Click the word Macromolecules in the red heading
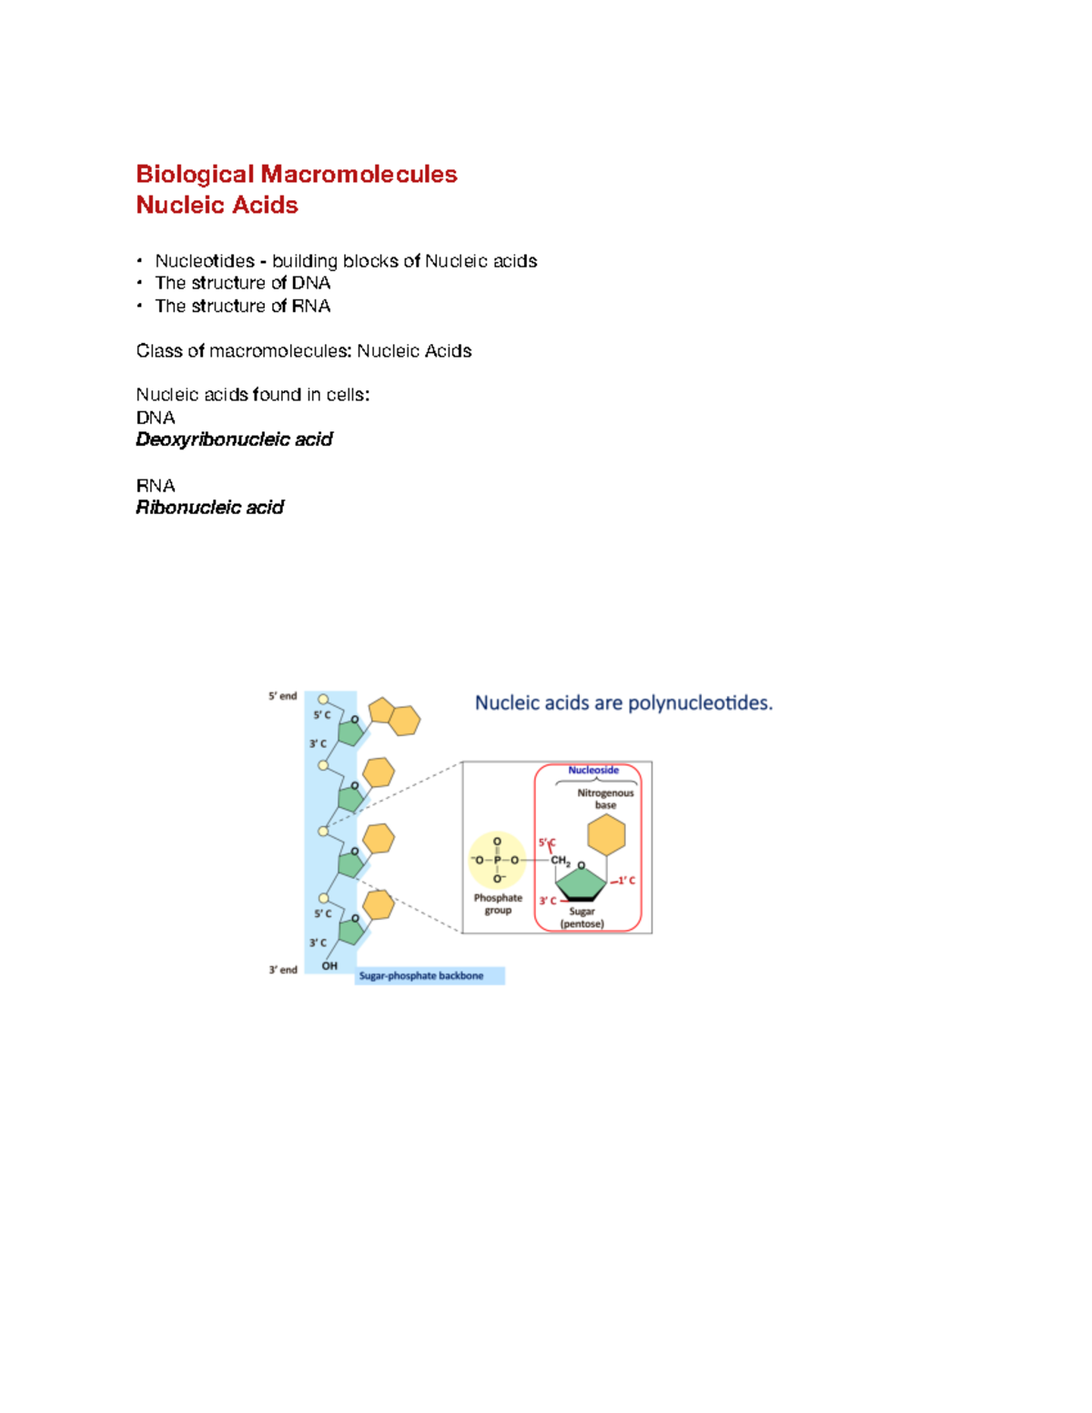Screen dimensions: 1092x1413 coord(359,174)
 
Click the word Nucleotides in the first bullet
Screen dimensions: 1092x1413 coord(205,261)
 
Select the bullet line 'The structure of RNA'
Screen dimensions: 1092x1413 coord(242,306)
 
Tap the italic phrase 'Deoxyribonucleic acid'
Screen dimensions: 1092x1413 coord(234,439)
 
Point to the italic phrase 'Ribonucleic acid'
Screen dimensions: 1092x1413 coord(209,508)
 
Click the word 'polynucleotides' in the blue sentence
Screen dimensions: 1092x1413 coord(699,702)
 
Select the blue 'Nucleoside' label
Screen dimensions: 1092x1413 coord(593,770)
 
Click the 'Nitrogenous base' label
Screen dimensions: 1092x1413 coord(605,799)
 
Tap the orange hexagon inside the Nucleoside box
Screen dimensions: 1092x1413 coord(606,834)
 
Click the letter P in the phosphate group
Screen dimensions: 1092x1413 coord(497,860)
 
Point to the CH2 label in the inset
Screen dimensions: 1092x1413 coord(560,861)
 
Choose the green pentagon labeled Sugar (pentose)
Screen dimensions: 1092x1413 coord(581,882)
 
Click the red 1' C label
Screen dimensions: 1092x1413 coord(625,881)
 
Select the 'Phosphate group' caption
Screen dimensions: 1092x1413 coord(498,903)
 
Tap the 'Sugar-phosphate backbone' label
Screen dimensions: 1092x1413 coord(421,975)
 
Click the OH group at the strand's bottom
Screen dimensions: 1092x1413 coord(329,965)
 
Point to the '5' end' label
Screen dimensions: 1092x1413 coord(282,696)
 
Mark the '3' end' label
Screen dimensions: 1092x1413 coord(282,970)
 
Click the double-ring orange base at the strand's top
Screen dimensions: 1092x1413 coord(394,716)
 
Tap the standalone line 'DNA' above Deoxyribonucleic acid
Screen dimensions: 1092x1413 coord(156,418)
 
